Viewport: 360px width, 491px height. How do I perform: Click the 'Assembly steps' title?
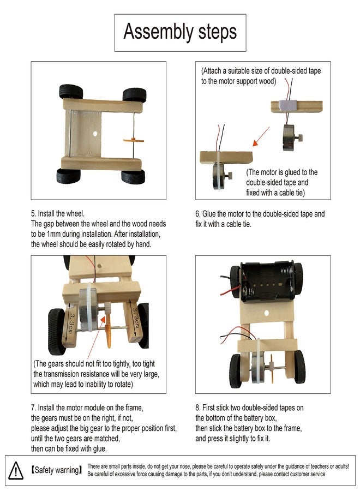pyautogui.click(x=180, y=32)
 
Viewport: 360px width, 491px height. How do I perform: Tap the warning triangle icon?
pyautogui.click(x=16, y=470)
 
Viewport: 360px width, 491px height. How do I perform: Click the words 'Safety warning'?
pyautogui.click(x=57, y=470)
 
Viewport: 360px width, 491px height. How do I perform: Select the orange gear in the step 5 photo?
pyautogui.click(x=134, y=140)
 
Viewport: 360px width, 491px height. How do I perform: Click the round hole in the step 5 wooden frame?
pyautogui.click(x=95, y=134)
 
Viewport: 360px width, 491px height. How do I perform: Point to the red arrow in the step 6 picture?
pyautogui.click(x=261, y=136)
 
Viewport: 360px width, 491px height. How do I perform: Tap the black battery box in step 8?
pyautogui.click(x=268, y=282)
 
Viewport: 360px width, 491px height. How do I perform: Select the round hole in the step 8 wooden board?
pyautogui.click(x=267, y=313)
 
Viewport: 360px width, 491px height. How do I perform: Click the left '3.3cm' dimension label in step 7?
pyautogui.click(x=71, y=323)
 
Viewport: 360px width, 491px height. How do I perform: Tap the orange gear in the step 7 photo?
pyautogui.click(x=108, y=331)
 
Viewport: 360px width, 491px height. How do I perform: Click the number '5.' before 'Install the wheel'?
pyautogui.click(x=33, y=213)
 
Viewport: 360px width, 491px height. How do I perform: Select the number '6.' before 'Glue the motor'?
pyautogui.click(x=198, y=214)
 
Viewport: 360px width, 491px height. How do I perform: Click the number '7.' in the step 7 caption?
pyautogui.click(x=33, y=408)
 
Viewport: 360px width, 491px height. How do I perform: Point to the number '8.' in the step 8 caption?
pyautogui.click(x=198, y=408)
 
